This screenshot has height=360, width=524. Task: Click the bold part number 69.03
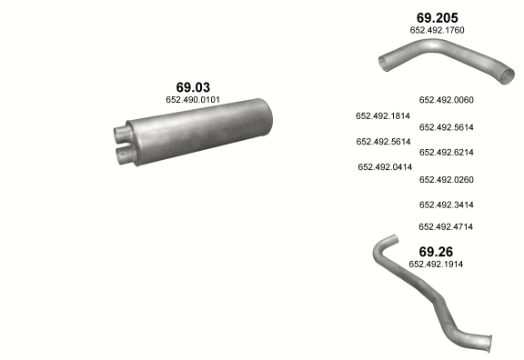pos(193,87)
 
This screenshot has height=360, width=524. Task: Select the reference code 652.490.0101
pos(193,99)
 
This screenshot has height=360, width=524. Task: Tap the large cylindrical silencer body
pos(200,131)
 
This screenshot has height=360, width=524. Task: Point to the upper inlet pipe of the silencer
pos(121,134)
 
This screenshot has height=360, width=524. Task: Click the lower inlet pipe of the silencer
pos(125,155)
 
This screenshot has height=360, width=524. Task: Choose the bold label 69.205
pos(437,17)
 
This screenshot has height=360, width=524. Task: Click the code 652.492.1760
pos(437,30)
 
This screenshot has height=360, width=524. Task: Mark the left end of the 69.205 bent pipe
pos(383,64)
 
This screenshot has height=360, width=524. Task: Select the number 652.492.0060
pos(446,100)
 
